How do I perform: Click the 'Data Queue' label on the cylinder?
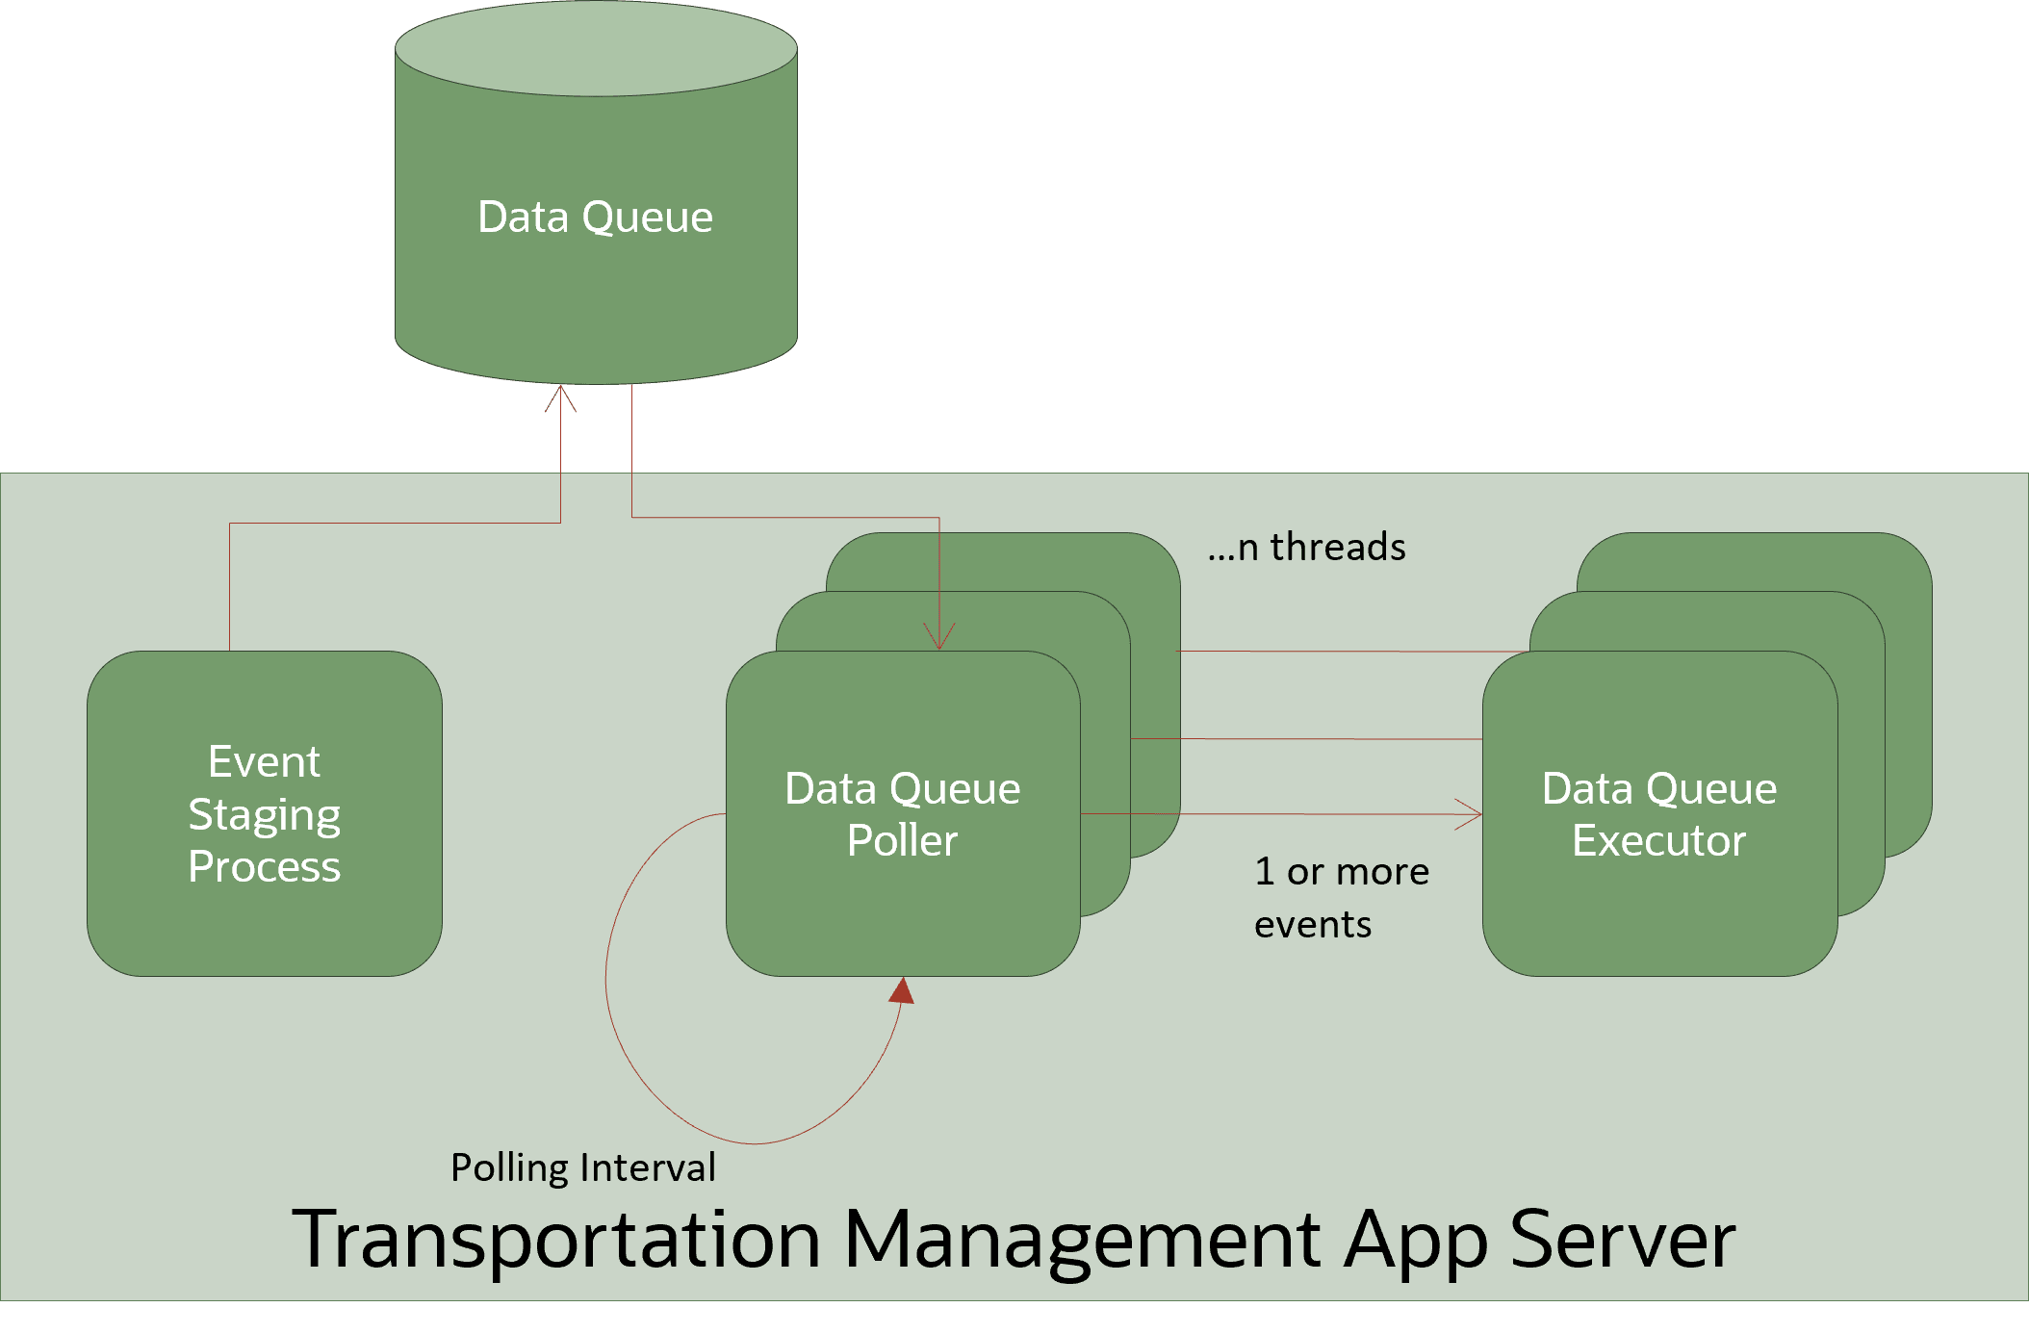pos(595,217)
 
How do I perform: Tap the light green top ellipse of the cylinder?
pos(596,48)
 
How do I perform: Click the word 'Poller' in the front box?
pos(902,840)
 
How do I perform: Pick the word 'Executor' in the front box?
pos(1658,840)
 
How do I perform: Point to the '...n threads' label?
pos(1306,547)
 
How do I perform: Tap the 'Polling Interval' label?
pos(583,1167)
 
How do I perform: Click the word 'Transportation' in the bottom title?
pos(555,1240)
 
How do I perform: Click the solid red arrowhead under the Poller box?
pos(903,990)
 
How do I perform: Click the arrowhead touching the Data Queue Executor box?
pos(1471,814)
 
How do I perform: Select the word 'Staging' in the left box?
pos(264,815)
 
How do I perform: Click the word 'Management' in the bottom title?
pos(1082,1240)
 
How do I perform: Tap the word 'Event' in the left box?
pos(264,762)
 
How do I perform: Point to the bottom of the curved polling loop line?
pos(756,1142)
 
